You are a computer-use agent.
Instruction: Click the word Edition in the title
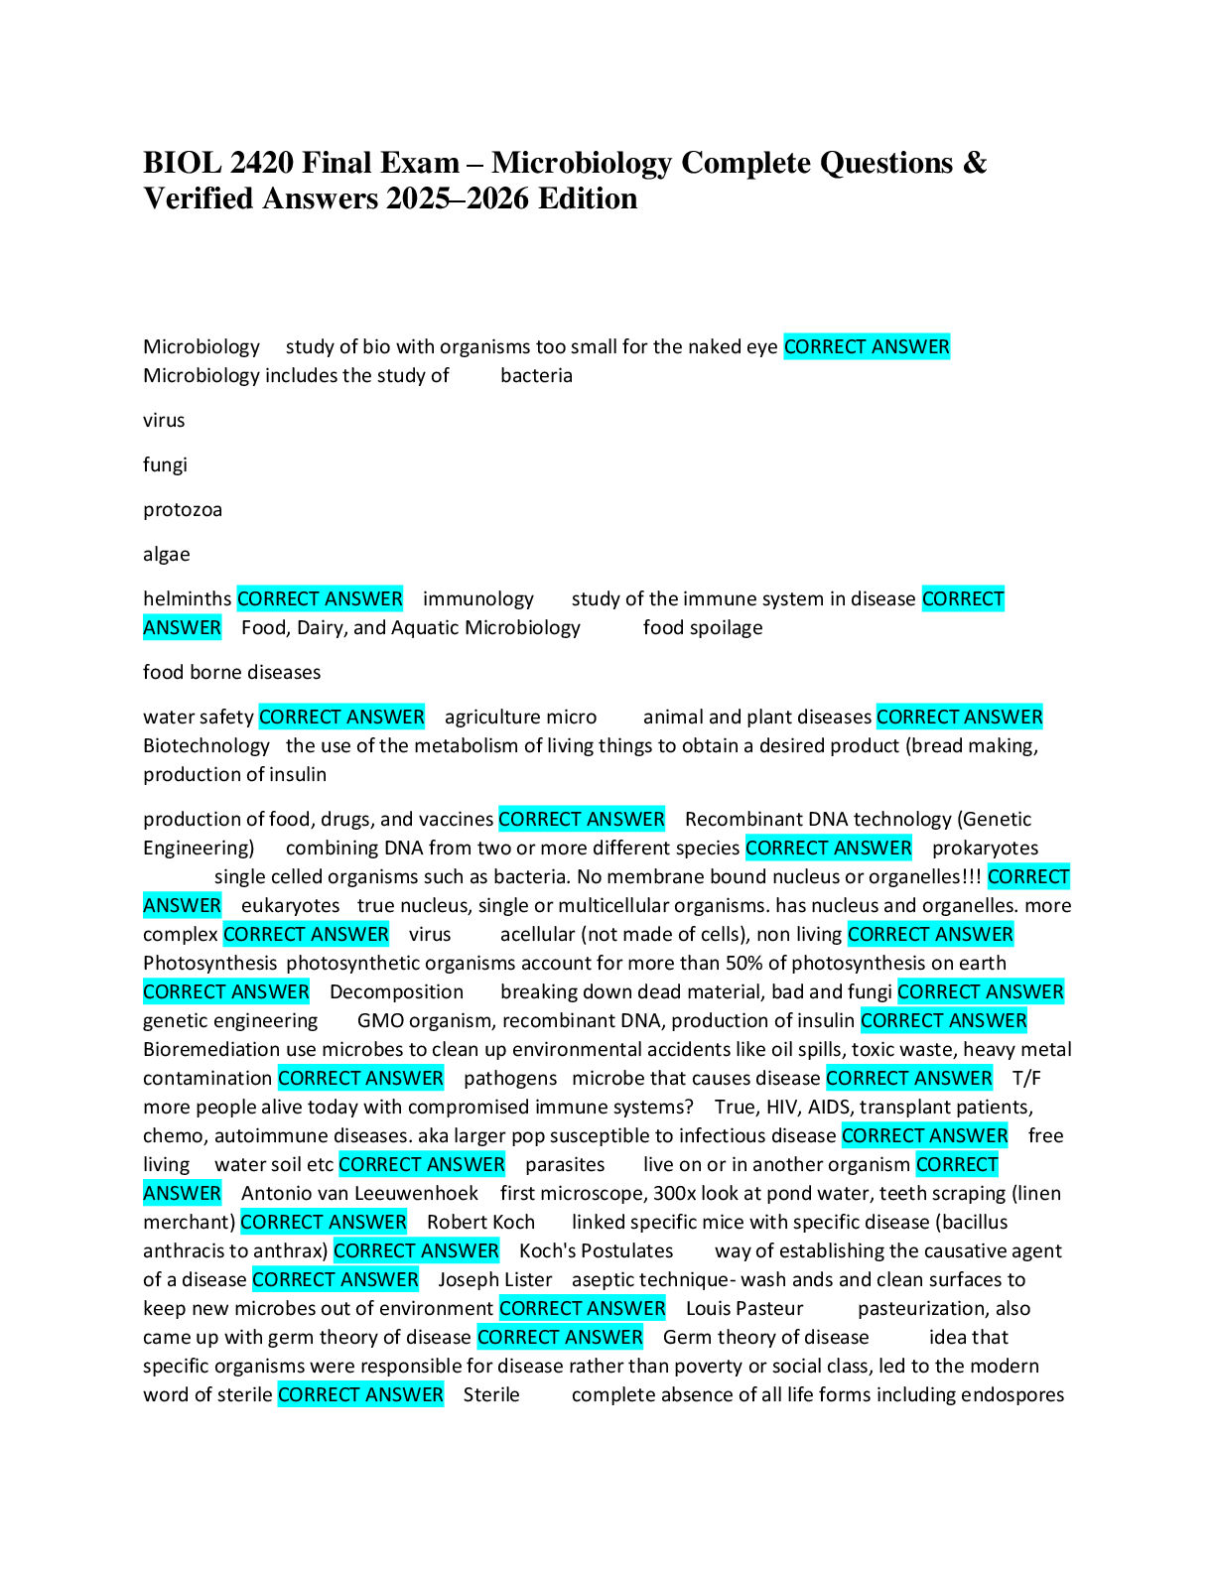click(588, 198)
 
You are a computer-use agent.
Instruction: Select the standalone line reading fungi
click(165, 465)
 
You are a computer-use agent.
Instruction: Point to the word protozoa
click(183, 510)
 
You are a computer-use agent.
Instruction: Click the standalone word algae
click(166, 555)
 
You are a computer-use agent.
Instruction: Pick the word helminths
click(187, 599)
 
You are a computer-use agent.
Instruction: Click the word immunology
click(477, 599)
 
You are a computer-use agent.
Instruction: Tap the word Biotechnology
click(205, 746)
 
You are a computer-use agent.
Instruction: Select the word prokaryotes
click(985, 849)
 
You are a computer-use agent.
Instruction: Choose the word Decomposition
click(396, 992)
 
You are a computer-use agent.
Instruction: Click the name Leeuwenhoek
click(417, 1194)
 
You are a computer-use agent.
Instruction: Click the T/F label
click(1026, 1079)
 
